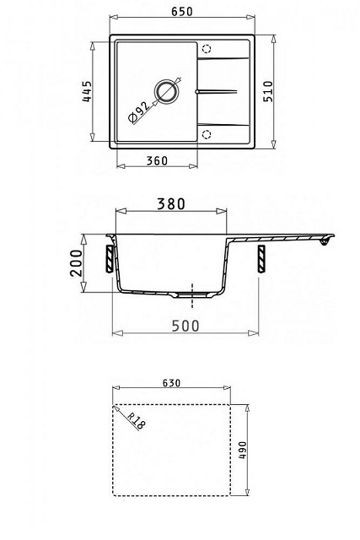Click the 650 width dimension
click(182, 11)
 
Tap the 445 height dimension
click(87, 91)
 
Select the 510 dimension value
click(268, 91)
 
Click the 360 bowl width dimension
click(157, 161)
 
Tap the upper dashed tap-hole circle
click(207, 49)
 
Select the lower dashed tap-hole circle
click(207, 134)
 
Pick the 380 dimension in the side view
click(171, 204)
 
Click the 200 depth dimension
click(77, 263)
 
